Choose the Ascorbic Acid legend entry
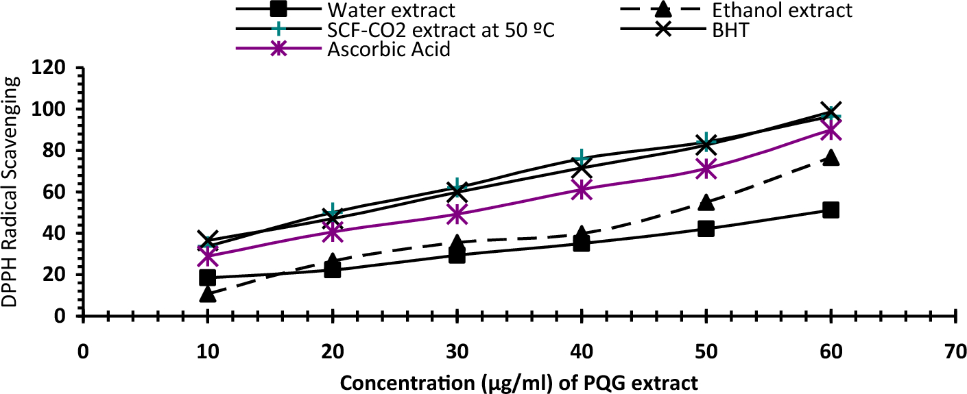[x=388, y=50]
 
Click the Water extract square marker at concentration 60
[x=831, y=210]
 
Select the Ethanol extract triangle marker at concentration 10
[x=208, y=295]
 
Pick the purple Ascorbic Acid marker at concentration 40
[x=582, y=190]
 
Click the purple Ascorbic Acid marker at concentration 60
[x=831, y=130]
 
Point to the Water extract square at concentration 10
[x=208, y=278]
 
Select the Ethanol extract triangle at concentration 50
[x=706, y=202]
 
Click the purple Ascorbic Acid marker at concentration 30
[x=457, y=214]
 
